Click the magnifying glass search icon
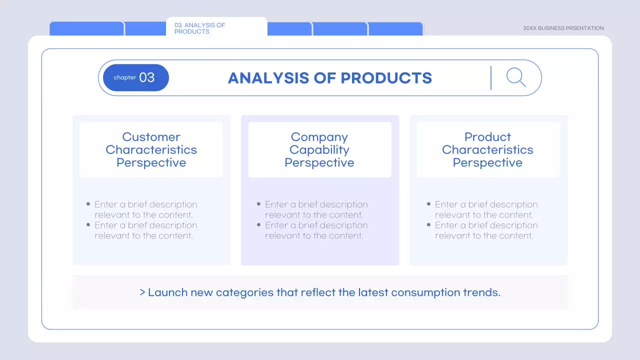pos(515,77)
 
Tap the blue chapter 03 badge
pos(135,77)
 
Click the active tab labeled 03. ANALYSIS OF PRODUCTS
pos(216,28)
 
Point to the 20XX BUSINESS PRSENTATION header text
pos(563,28)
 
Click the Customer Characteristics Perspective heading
pos(151,149)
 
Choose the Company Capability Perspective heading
pos(319,149)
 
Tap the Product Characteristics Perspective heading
pos(487,149)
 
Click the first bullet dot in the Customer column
pos(88,204)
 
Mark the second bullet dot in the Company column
pos(259,225)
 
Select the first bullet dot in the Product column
pos(429,204)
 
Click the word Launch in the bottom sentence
pos(167,292)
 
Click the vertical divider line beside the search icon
pos(491,77)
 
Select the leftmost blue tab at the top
pos(86,29)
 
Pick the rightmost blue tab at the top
pos(395,29)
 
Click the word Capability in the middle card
pos(319,149)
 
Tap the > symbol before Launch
pos(142,292)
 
